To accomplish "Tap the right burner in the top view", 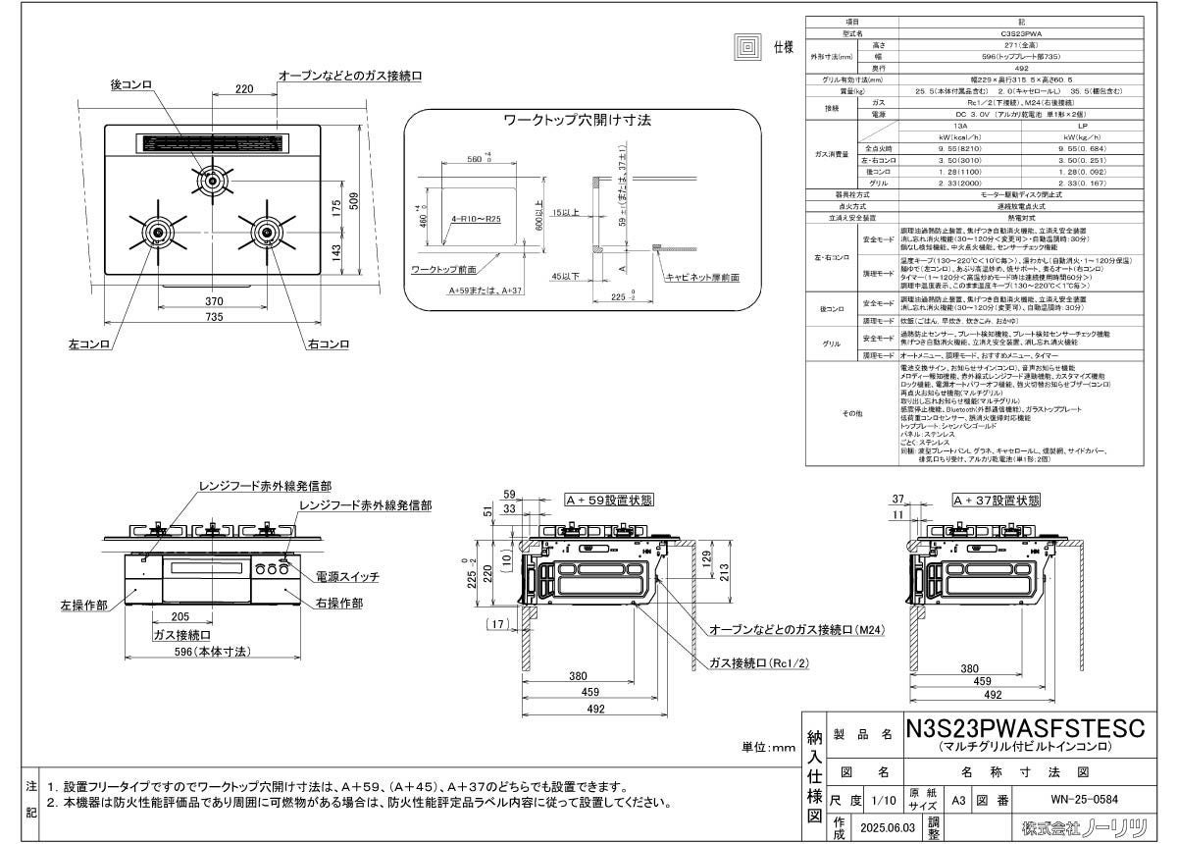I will tap(267, 232).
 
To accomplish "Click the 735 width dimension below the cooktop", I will tap(212, 317).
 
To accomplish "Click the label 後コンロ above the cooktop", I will tap(131, 86).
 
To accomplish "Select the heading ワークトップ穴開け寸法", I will tap(578, 121).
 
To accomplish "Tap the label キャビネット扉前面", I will tap(702, 279).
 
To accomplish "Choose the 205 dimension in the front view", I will tap(179, 616).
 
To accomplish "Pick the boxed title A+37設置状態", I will tap(996, 500).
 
